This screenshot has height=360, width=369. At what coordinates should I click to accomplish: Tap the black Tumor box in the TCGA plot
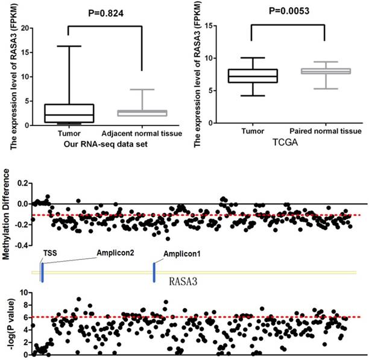pyautogui.click(x=259, y=75)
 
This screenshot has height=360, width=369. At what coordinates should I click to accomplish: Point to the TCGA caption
pyautogui.click(x=292, y=143)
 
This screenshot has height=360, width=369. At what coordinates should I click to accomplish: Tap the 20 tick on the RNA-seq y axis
pyautogui.click(x=25, y=28)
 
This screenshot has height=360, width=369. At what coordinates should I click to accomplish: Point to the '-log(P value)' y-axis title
pyautogui.click(x=8, y=324)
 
